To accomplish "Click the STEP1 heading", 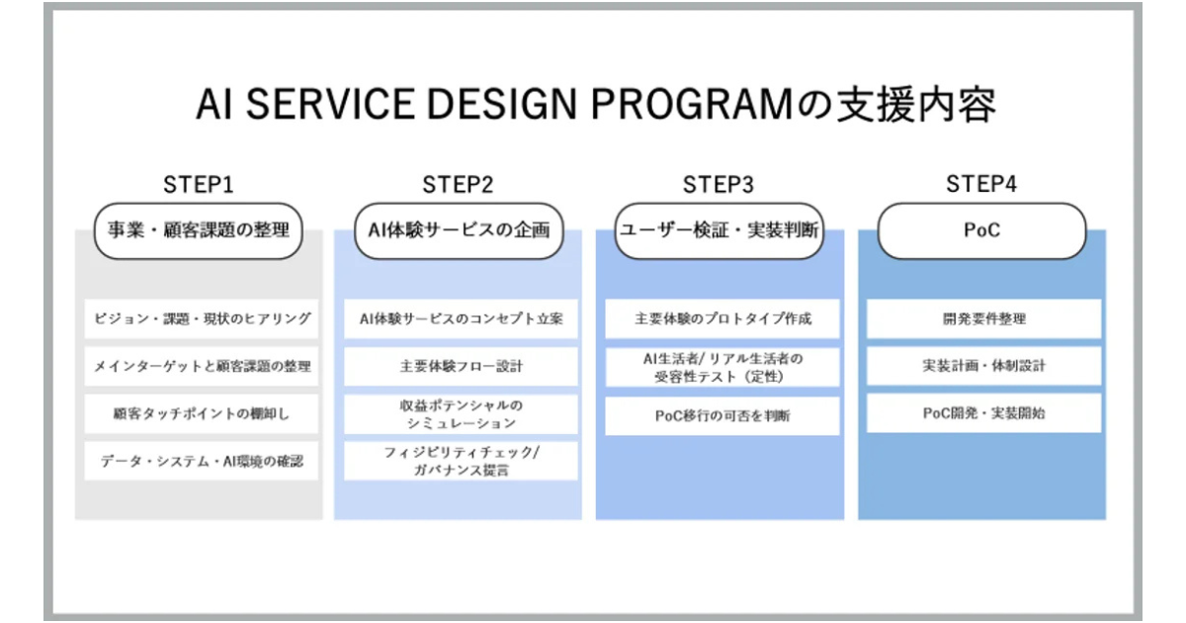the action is pos(198,184).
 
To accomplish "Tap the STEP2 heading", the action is pos(458,184).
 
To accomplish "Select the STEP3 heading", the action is pos(718,184).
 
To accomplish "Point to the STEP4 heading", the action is pos(981,184).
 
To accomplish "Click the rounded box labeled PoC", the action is pos(981,231).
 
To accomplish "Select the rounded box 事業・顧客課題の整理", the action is pos(199,231).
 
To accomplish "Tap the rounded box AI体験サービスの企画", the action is pos(459,231).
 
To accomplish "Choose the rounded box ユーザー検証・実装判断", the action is pos(720,231).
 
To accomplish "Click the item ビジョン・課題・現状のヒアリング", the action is pos(202,318).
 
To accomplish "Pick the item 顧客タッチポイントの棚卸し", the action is pos(202,413).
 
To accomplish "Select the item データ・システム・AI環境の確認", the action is pos(202,461).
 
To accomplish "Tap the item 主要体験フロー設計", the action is pos(461,366).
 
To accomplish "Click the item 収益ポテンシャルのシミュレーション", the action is pos(461,414).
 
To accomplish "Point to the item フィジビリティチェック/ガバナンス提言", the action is pos(461,461).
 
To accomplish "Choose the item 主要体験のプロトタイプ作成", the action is pos(722,318).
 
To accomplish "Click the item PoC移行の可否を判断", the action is pos(722,416).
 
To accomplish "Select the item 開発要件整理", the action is pos(983,318).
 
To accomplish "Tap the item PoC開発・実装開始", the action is pos(983,413).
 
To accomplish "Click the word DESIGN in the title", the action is pos(501,105).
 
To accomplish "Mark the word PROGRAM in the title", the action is pos(692,105).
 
